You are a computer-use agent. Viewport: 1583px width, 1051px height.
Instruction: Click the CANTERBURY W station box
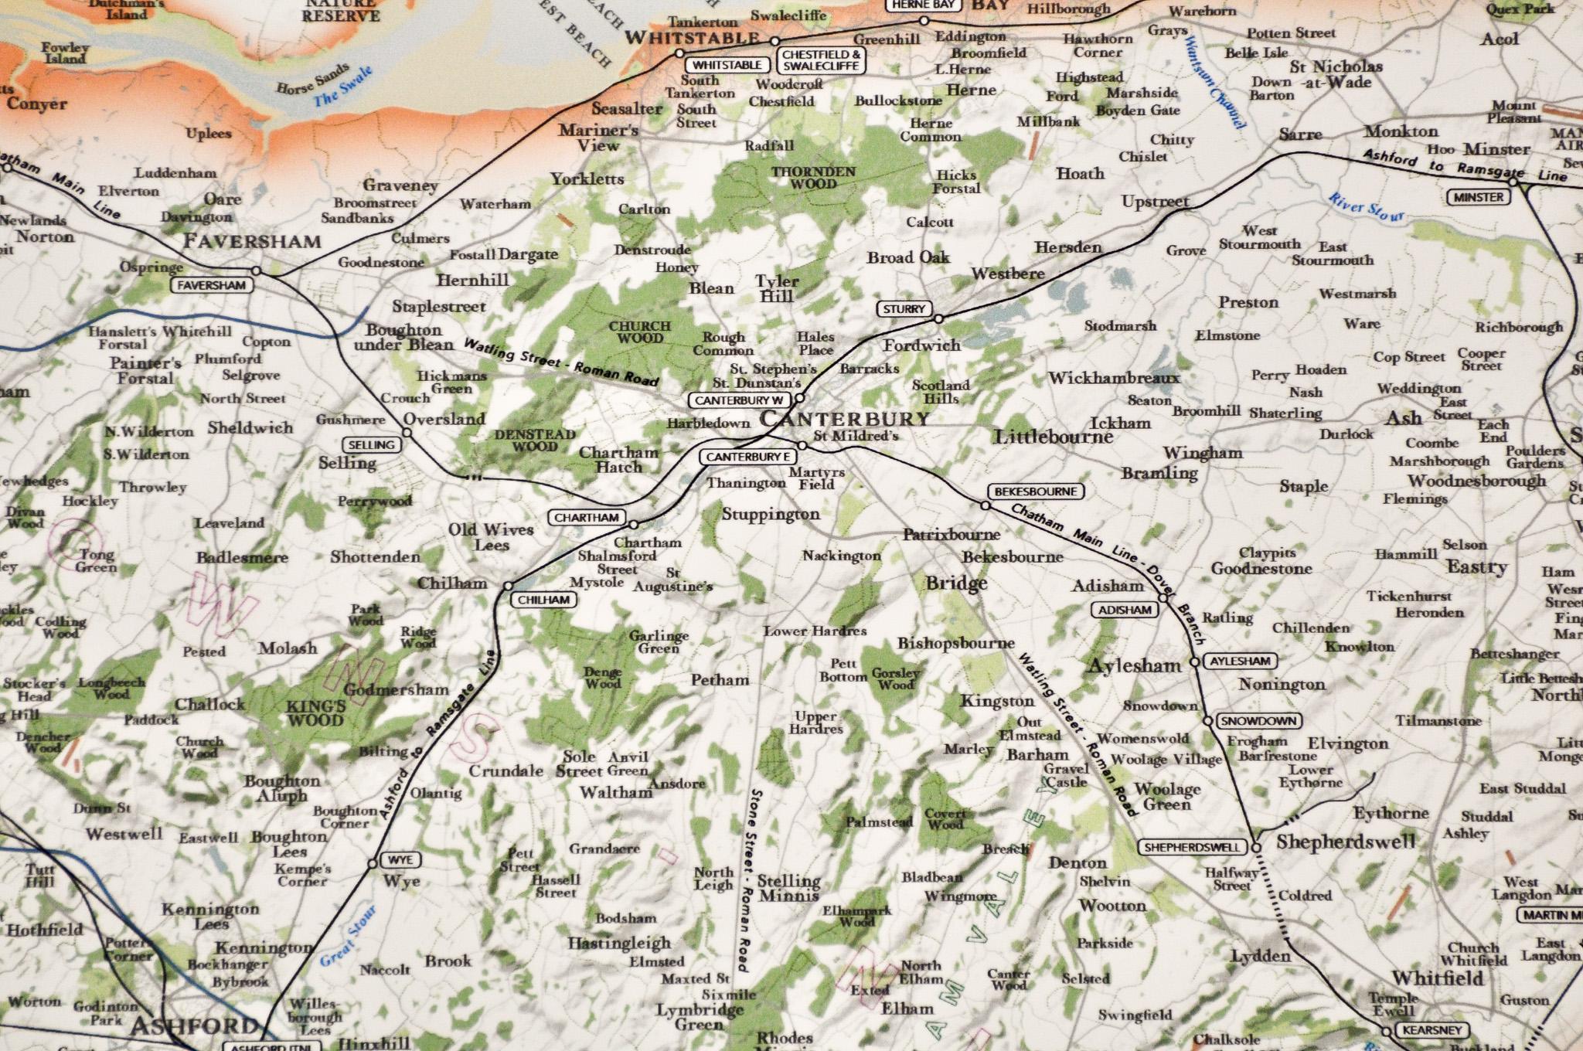pyautogui.click(x=740, y=400)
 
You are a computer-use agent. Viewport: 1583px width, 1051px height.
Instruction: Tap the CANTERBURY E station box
pyautogui.click(x=748, y=457)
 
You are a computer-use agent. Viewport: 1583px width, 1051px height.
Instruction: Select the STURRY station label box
pyautogui.click(x=904, y=309)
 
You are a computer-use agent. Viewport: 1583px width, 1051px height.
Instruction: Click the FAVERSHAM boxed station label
pyautogui.click(x=211, y=285)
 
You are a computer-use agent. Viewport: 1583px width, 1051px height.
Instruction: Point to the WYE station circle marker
pyautogui.click(x=373, y=863)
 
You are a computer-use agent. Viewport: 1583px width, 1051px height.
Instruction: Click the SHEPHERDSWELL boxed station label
pyautogui.click(x=1193, y=848)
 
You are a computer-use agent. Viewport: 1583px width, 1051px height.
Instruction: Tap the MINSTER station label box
pyautogui.click(x=1477, y=197)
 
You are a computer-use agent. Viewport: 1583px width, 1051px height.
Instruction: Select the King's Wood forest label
pyautogui.click(x=315, y=713)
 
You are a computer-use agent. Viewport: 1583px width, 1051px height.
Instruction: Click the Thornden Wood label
pyautogui.click(x=813, y=178)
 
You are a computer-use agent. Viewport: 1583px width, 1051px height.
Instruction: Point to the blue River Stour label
pyautogui.click(x=1366, y=207)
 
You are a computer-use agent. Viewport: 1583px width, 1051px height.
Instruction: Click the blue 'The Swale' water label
pyautogui.click(x=342, y=87)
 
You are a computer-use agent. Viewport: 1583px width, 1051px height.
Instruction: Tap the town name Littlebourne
pyautogui.click(x=1054, y=437)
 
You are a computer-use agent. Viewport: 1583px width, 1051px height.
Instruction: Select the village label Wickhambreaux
pyautogui.click(x=1114, y=378)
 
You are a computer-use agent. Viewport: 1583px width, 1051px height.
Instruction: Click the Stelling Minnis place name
pyautogui.click(x=788, y=888)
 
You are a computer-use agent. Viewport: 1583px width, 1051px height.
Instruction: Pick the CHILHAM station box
pyautogui.click(x=543, y=600)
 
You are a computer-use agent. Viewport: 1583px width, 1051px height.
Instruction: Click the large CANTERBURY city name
pyautogui.click(x=844, y=419)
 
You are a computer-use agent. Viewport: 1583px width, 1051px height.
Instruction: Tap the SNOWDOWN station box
pyautogui.click(x=1258, y=721)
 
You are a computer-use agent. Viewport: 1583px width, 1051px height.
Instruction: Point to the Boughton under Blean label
pyautogui.click(x=403, y=338)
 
